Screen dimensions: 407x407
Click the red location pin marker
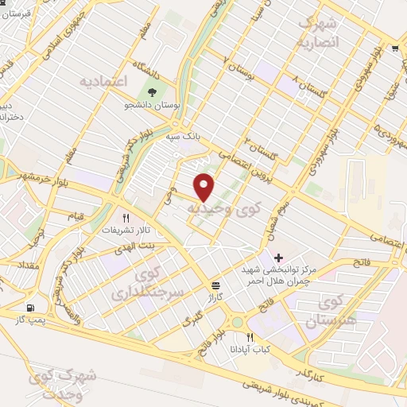[x=204, y=187]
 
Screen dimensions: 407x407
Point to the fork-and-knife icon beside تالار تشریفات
[x=125, y=217]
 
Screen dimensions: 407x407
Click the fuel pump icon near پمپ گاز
[x=30, y=308]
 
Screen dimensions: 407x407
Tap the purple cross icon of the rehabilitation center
[x=278, y=258]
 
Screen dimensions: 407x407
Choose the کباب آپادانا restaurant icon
[x=251, y=337]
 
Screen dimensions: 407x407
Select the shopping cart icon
[x=395, y=48]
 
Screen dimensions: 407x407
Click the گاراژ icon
[x=216, y=285]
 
